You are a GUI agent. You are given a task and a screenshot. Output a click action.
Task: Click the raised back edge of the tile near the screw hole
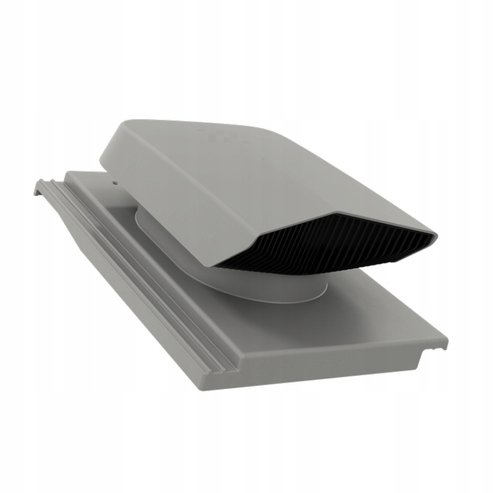tap(86, 174)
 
